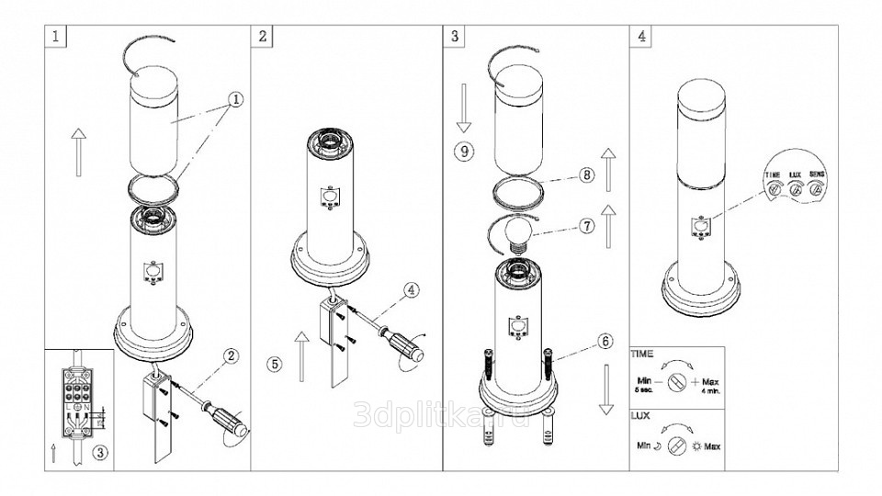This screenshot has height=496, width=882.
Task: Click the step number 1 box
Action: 58,37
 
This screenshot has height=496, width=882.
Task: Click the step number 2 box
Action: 264,37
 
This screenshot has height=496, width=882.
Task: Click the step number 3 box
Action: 457,37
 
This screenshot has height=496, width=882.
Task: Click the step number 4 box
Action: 640,37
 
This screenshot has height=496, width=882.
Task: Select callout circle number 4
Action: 411,289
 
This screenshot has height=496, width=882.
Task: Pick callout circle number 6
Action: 604,340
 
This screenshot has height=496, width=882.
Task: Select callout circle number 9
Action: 466,150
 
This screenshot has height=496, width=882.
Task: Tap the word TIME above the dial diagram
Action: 642,352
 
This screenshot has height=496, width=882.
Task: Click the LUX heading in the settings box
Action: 640,415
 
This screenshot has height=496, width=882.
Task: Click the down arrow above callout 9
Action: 464,107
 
